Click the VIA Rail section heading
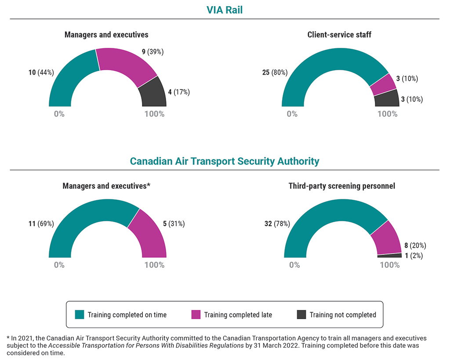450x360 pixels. pos(225,10)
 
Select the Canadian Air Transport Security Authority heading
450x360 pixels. pos(225,161)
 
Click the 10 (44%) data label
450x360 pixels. pos(41,72)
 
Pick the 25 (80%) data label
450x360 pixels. pos(275,72)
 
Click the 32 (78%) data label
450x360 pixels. pos(277,224)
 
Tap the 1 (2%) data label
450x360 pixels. pos(414,256)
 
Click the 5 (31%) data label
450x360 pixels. pos(174,223)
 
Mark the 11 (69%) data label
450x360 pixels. pos(41,223)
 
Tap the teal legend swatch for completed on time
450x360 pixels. pos(79,314)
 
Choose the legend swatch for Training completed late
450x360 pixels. pos(196,314)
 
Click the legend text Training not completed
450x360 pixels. pos(343,315)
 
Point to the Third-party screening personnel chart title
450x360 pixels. pos(341,186)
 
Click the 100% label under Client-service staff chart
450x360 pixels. pos(387,114)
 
